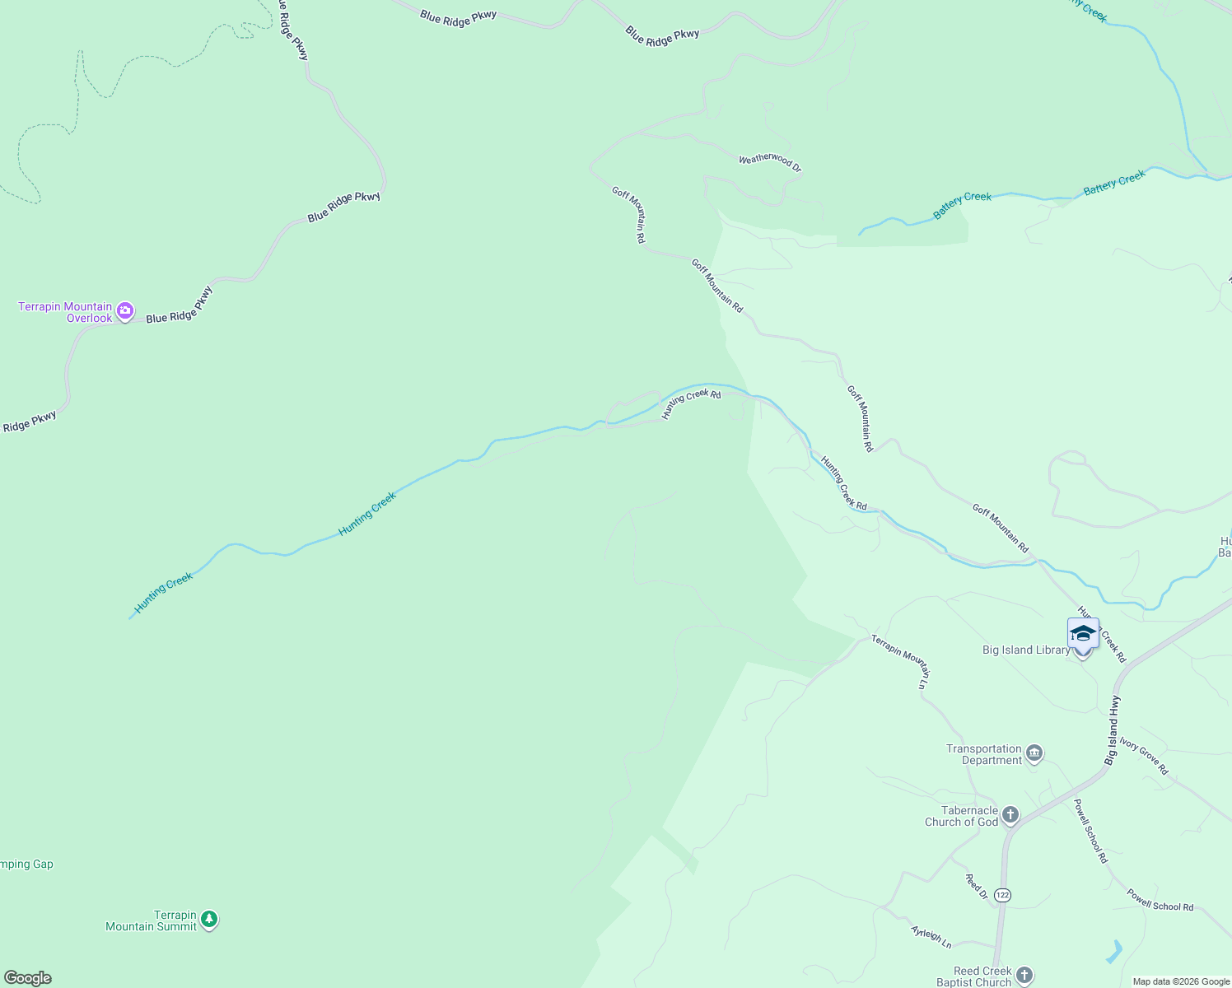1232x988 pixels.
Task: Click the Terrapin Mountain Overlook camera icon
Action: pos(125,311)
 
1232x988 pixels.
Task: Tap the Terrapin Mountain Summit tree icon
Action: pos(209,919)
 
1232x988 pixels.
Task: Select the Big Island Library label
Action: pos(1026,650)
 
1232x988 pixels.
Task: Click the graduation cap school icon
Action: pos(1083,633)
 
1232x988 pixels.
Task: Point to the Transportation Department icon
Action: pos(1034,753)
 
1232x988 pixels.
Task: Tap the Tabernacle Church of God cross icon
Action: pos(1010,815)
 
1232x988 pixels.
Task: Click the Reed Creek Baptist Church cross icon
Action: pos(1024,975)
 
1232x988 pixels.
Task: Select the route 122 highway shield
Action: pos(1001,895)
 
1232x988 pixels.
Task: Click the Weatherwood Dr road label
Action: pos(770,162)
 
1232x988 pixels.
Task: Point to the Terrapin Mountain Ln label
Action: pos(902,660)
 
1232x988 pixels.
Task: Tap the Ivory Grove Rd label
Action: pos(1144,757)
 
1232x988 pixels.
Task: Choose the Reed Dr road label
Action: pos(976,887)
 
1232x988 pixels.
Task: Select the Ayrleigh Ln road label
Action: pos(931,937)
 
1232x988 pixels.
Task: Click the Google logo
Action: pos(27,978)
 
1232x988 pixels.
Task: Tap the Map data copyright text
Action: pos(1181,981)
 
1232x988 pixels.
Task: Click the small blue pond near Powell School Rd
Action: pos(1114,952)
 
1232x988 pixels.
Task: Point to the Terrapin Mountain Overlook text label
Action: pos(66,313)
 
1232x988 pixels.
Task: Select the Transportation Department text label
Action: pos(984,754)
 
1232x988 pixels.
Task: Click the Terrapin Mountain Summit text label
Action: pos(152,920)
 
